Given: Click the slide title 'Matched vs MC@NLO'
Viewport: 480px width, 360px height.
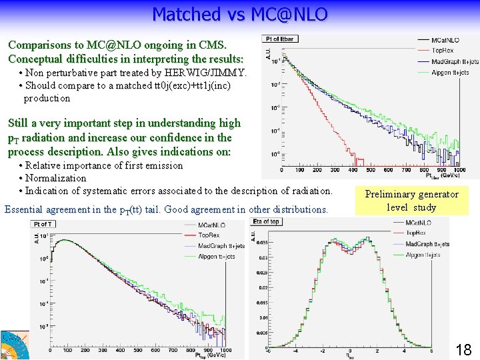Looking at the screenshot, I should coord(240,14).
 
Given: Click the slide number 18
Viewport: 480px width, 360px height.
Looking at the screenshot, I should coord(463,349).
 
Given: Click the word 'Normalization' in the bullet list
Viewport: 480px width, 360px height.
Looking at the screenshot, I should coord(56,178).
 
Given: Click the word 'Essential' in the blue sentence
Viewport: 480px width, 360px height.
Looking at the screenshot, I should coord(25,209).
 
